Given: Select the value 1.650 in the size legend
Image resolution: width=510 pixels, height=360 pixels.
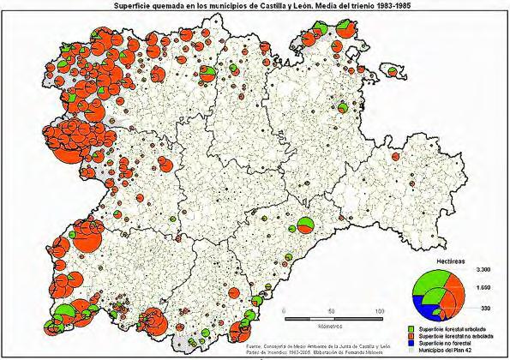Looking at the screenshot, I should (x=482, y=288).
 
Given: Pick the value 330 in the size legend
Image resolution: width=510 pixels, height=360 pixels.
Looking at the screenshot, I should (x=484, y=306).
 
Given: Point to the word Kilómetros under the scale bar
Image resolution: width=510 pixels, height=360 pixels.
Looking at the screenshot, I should (x=329, y=327).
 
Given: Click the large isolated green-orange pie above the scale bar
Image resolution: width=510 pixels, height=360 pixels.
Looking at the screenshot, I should (x=305, y=227).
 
